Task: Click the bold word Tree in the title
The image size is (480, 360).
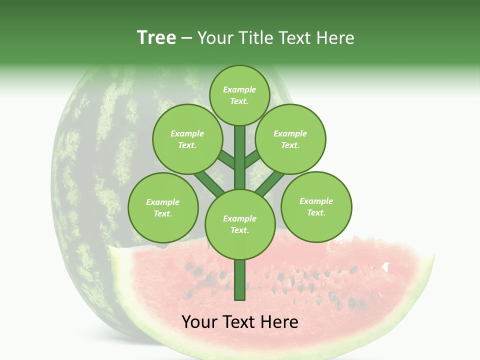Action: coord(156,37)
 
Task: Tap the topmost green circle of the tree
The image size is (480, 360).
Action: coord(239,95)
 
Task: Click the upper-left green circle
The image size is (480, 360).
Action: coord(187,139)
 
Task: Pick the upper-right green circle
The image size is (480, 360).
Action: coord(290,139)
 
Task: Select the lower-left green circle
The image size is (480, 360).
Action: coord(163,207)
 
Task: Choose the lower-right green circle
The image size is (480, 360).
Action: coord(316,206)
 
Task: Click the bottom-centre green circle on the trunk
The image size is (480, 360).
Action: coord(240,224)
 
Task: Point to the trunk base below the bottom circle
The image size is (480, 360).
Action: coord(240,280)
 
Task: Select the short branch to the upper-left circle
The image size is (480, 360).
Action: coord(226,159)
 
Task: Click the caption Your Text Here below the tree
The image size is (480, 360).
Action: coord(240,322)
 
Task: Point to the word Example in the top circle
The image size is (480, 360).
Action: coord(239,89)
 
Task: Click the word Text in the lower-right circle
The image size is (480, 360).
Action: coord(315,212)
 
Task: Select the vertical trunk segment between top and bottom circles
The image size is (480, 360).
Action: coord(240,157)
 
